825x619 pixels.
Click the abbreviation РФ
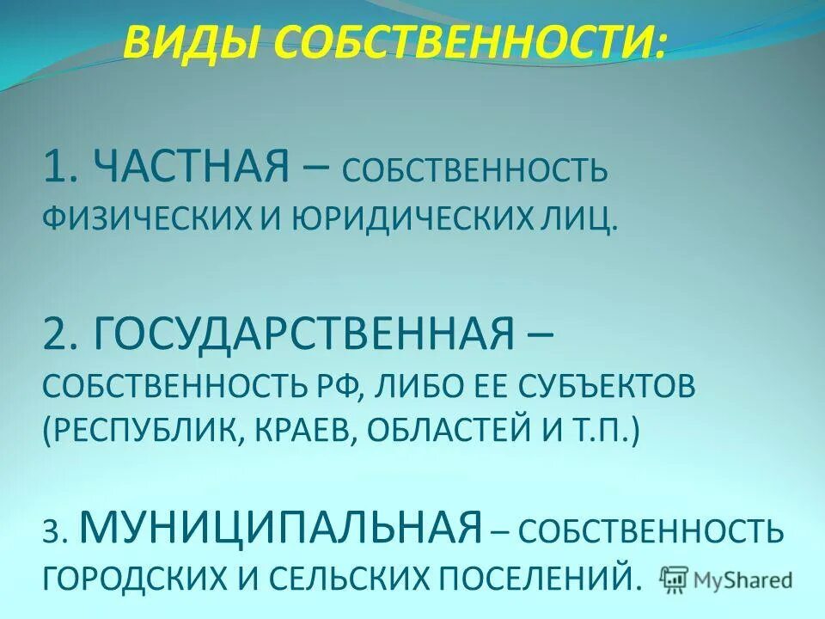click(337, 386)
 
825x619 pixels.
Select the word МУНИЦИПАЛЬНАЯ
click(280, 525)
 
